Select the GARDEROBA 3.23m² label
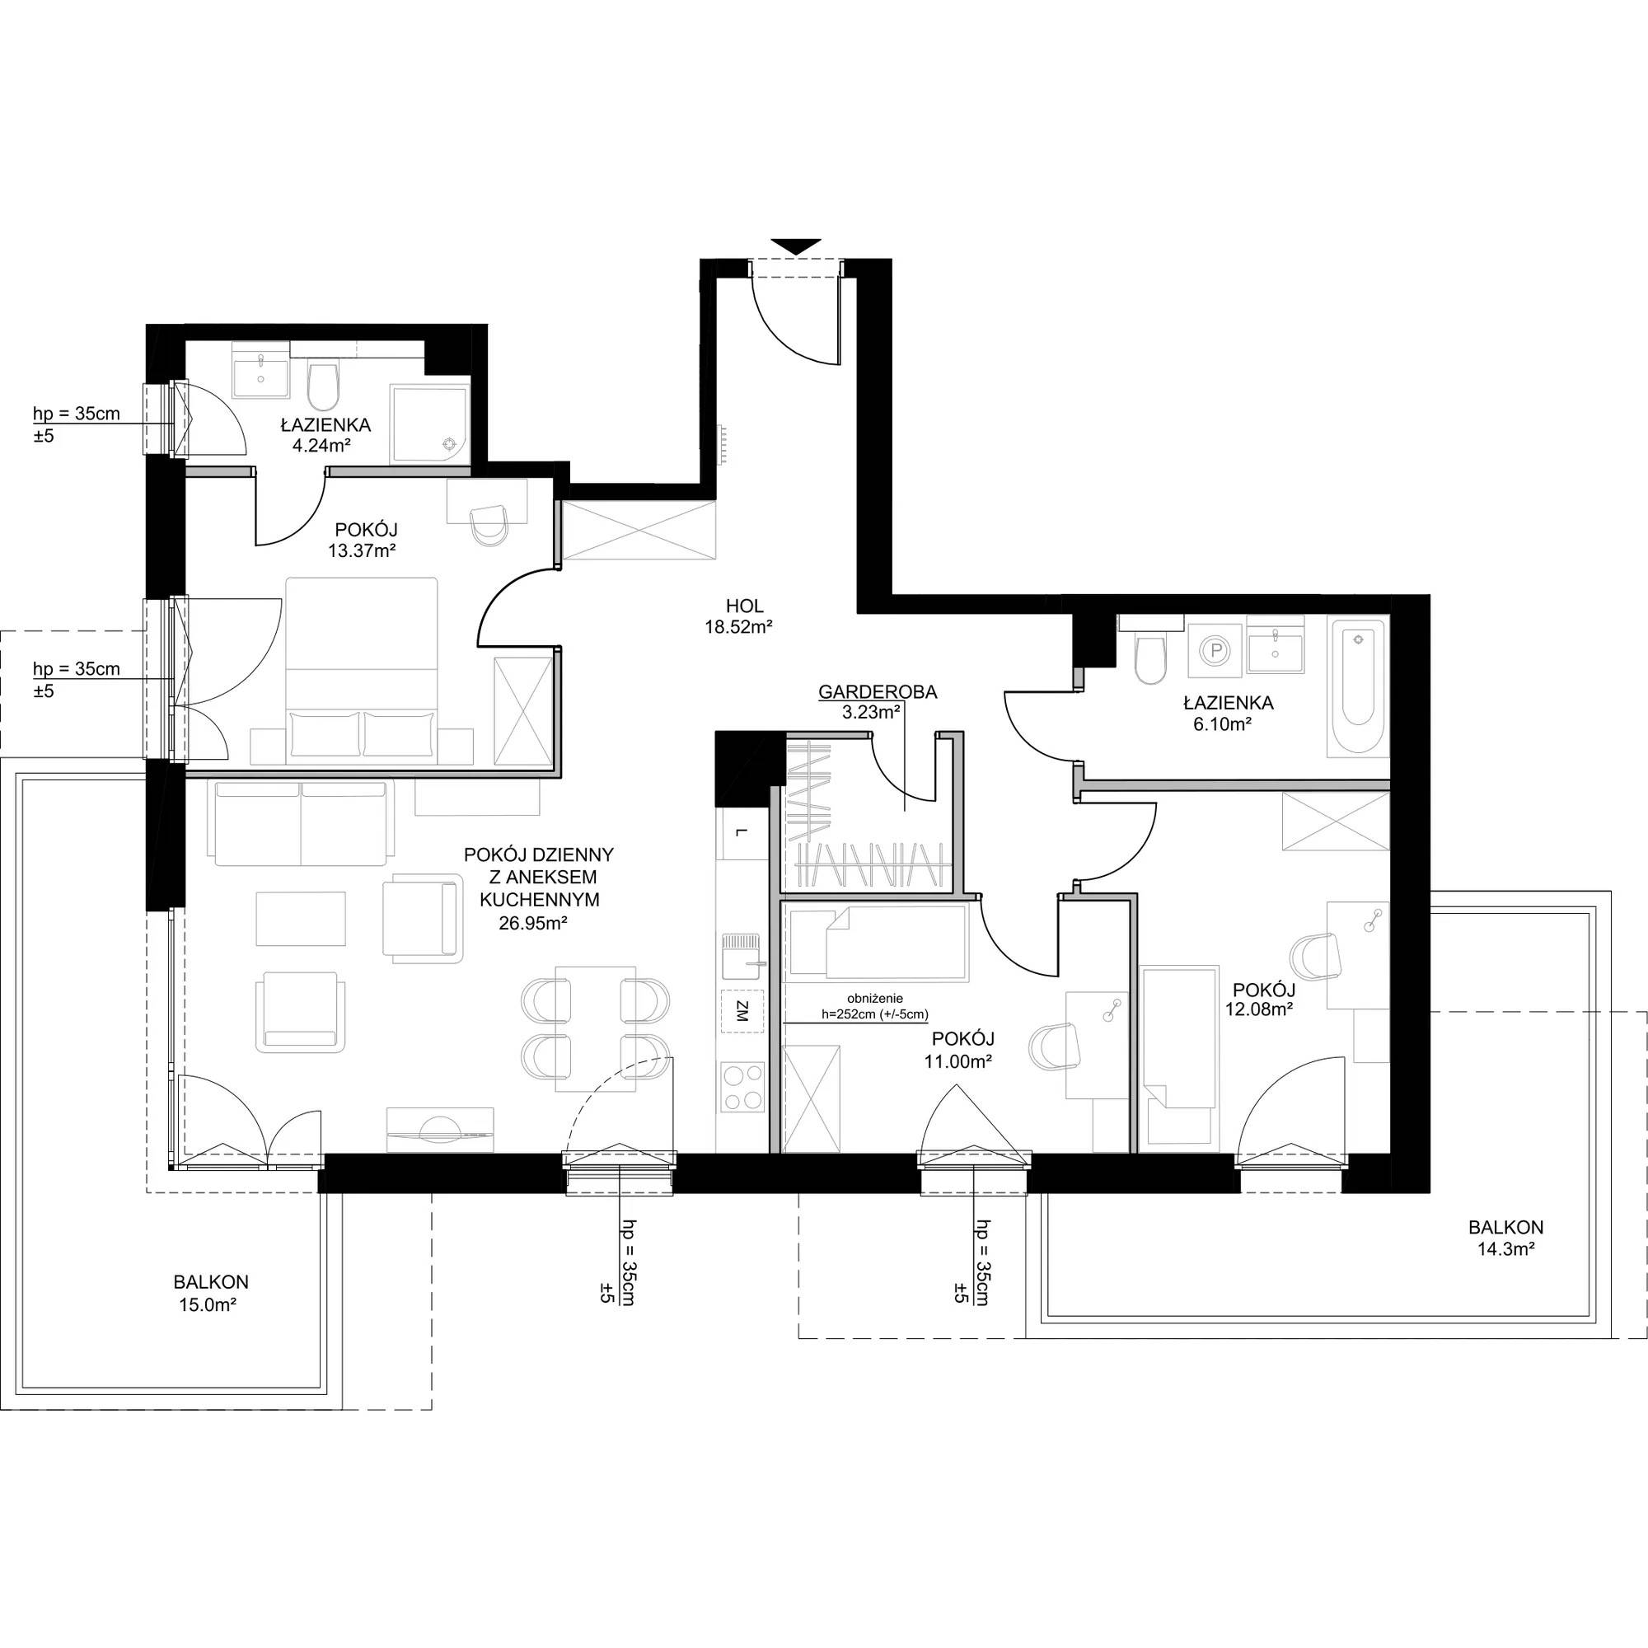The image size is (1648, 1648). coord(877,702)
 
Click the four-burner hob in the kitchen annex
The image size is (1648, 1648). coord(742,1087)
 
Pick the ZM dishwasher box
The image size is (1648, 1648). coord(742,1013)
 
